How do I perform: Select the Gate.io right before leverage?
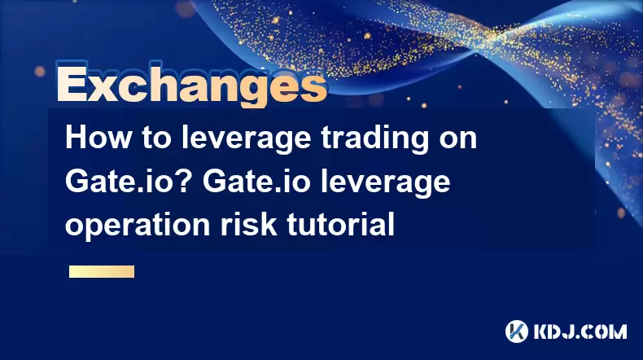tap(256, 182)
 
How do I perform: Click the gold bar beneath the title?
tap(102, 271)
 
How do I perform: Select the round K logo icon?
tap(517, 331)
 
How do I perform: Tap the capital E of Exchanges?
tap(71, 84)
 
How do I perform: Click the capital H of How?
tap(76, 138)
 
